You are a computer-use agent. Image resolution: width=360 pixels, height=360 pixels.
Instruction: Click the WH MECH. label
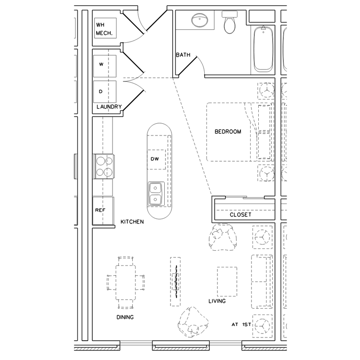click(104, 29)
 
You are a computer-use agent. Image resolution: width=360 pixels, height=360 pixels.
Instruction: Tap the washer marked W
click(104, 66)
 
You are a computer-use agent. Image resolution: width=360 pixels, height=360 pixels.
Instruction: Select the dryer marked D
click(104, 91)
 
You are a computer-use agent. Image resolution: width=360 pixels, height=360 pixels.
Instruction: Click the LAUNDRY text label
click(109, 107)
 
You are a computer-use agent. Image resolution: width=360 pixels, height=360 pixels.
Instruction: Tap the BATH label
click(183, 55)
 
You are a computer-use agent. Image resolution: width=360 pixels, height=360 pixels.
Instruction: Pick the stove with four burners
click(104, 166)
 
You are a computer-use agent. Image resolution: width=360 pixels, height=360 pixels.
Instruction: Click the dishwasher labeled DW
click(155, 159)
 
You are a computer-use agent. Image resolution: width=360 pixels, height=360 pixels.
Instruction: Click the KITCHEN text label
click(132, 222)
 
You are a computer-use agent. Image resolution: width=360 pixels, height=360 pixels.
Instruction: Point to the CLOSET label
click(240, 215)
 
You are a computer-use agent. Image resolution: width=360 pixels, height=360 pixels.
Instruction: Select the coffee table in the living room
click(227, 282)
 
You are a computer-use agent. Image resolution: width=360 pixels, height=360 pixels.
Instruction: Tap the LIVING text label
click(217, 301)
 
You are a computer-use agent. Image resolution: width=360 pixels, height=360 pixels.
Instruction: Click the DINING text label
click(125, 317)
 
